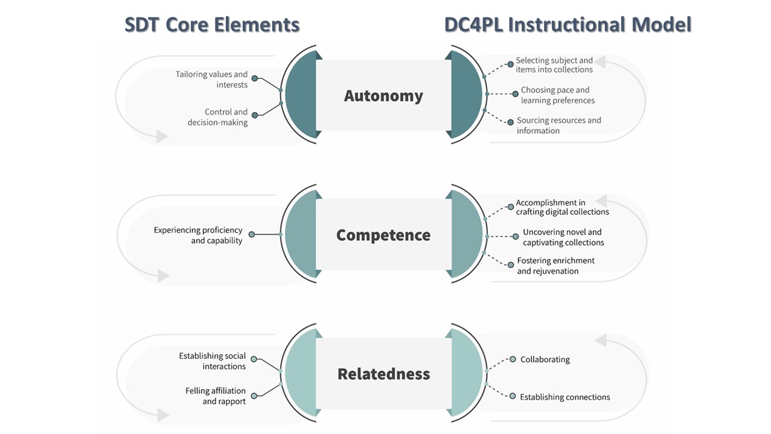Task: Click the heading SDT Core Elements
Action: pyautogui.click(x=212, y=25)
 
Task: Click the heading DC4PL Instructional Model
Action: pyautogui.click(x=567, y=25)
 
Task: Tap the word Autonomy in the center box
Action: pyautogui.click(x=384, y=96)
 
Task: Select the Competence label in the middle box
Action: pyautogui.click(x=384, y=235)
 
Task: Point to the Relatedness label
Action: pyautogui.click(x=384, y=374)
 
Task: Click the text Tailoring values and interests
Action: pyautogui.click(x=211, y=80)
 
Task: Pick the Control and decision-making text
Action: pyautogui.click(x=217, y=117)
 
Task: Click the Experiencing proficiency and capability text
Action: pyautogui.click(x=198, y=235)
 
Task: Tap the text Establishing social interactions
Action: pyautogui.click(x=212, y=361)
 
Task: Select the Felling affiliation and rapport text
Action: pyautogui.click(x=215, y=396)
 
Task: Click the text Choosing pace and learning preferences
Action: pyautogui.click(x=557, y=95)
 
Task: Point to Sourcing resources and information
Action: pyautogui.click(x=558, y=125)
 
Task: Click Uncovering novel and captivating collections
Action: pyautogui.click(x=563, y=237)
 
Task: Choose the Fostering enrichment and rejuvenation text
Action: pyautogui.click(x=555, y=266)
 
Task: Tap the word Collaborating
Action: pyautogui.click(x=545, y=359)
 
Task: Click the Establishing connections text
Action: pyautogui.click(x=564, y=397)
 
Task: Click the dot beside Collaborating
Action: pyautogui.click(x=513, y=359)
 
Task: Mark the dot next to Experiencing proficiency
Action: pyautogui.click(x=252, y=234)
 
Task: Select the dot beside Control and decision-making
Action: pyautogui.click(x=254, y=115)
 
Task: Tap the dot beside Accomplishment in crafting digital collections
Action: pyautogui.click(x=510, y=206)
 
